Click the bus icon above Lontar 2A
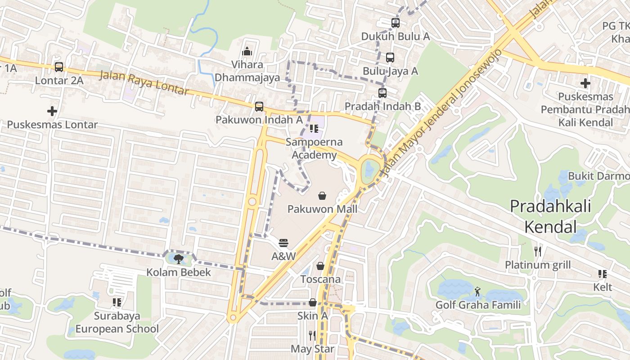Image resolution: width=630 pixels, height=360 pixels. point(59,67)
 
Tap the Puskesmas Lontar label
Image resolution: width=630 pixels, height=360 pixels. point(52,125)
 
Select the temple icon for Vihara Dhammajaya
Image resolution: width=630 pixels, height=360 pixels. point(247,52)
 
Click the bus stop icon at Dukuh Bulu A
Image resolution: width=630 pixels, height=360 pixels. point(395,23)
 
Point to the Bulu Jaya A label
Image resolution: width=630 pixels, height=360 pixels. point(390,71)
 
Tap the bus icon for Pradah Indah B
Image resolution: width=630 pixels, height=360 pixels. point(382,93)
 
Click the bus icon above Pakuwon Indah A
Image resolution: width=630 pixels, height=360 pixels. point(259,107)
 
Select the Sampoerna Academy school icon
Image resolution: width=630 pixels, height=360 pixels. point(314,129)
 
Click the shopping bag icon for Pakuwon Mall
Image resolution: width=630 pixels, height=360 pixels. point(322,196)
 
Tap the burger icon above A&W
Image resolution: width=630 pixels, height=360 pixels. point(283,243)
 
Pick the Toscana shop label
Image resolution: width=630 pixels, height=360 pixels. point(320,279)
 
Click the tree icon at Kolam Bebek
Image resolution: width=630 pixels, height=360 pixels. point(179,259)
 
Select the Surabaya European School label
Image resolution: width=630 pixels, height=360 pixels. point(117,322)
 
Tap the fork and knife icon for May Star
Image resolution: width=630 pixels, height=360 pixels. point(312,335)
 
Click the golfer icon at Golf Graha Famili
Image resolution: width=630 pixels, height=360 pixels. point(477,292)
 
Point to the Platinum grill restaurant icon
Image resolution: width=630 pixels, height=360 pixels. point(537,251)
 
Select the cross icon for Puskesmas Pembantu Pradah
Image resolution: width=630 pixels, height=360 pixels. point(585,83)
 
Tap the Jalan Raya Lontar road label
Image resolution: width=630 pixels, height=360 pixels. point(144,83)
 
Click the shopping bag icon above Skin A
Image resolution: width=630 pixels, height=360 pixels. point(312,303)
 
